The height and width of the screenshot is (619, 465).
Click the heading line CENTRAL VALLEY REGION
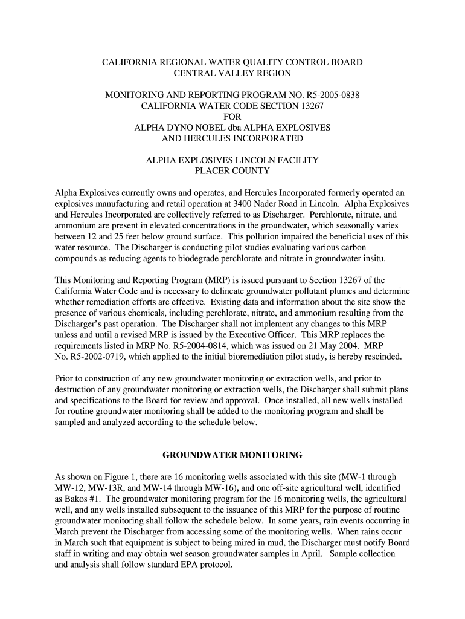click(232, 73)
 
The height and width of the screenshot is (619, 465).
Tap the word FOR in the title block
click(232, 117)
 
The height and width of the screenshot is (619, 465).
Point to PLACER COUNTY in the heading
click(232, 171)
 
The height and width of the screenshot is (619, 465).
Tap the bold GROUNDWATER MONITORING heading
click(232, 454)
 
